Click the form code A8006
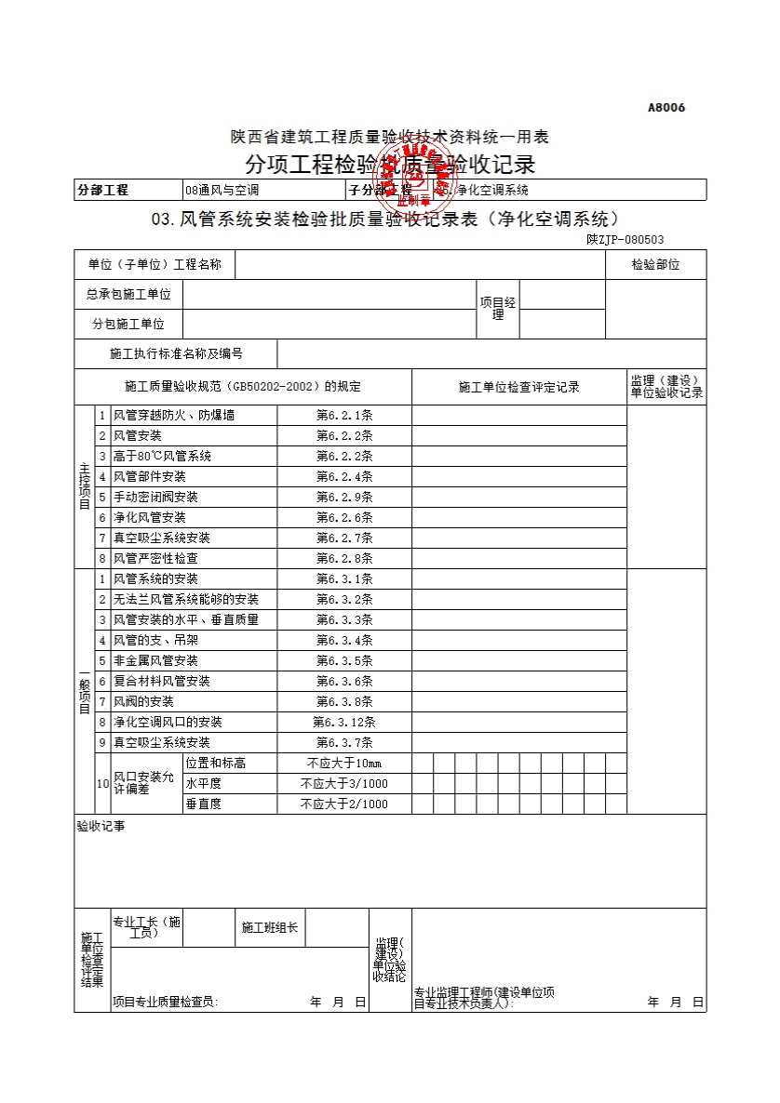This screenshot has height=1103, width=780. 666,108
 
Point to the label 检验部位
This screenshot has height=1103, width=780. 655,265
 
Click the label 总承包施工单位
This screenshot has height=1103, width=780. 128,295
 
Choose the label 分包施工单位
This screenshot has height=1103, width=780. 128,325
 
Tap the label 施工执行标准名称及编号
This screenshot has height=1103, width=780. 176,354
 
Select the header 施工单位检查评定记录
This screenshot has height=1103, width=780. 518,388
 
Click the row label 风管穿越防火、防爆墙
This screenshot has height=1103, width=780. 173,416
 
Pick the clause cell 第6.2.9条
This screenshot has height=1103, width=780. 344,498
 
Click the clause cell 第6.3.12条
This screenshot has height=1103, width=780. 344,723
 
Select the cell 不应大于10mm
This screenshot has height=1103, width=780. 344,764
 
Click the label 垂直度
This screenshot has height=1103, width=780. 203,804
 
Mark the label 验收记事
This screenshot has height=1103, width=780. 100,826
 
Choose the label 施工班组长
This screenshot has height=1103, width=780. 269,928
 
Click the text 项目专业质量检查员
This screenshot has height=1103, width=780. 165,1003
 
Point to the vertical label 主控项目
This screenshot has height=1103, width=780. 85,486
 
